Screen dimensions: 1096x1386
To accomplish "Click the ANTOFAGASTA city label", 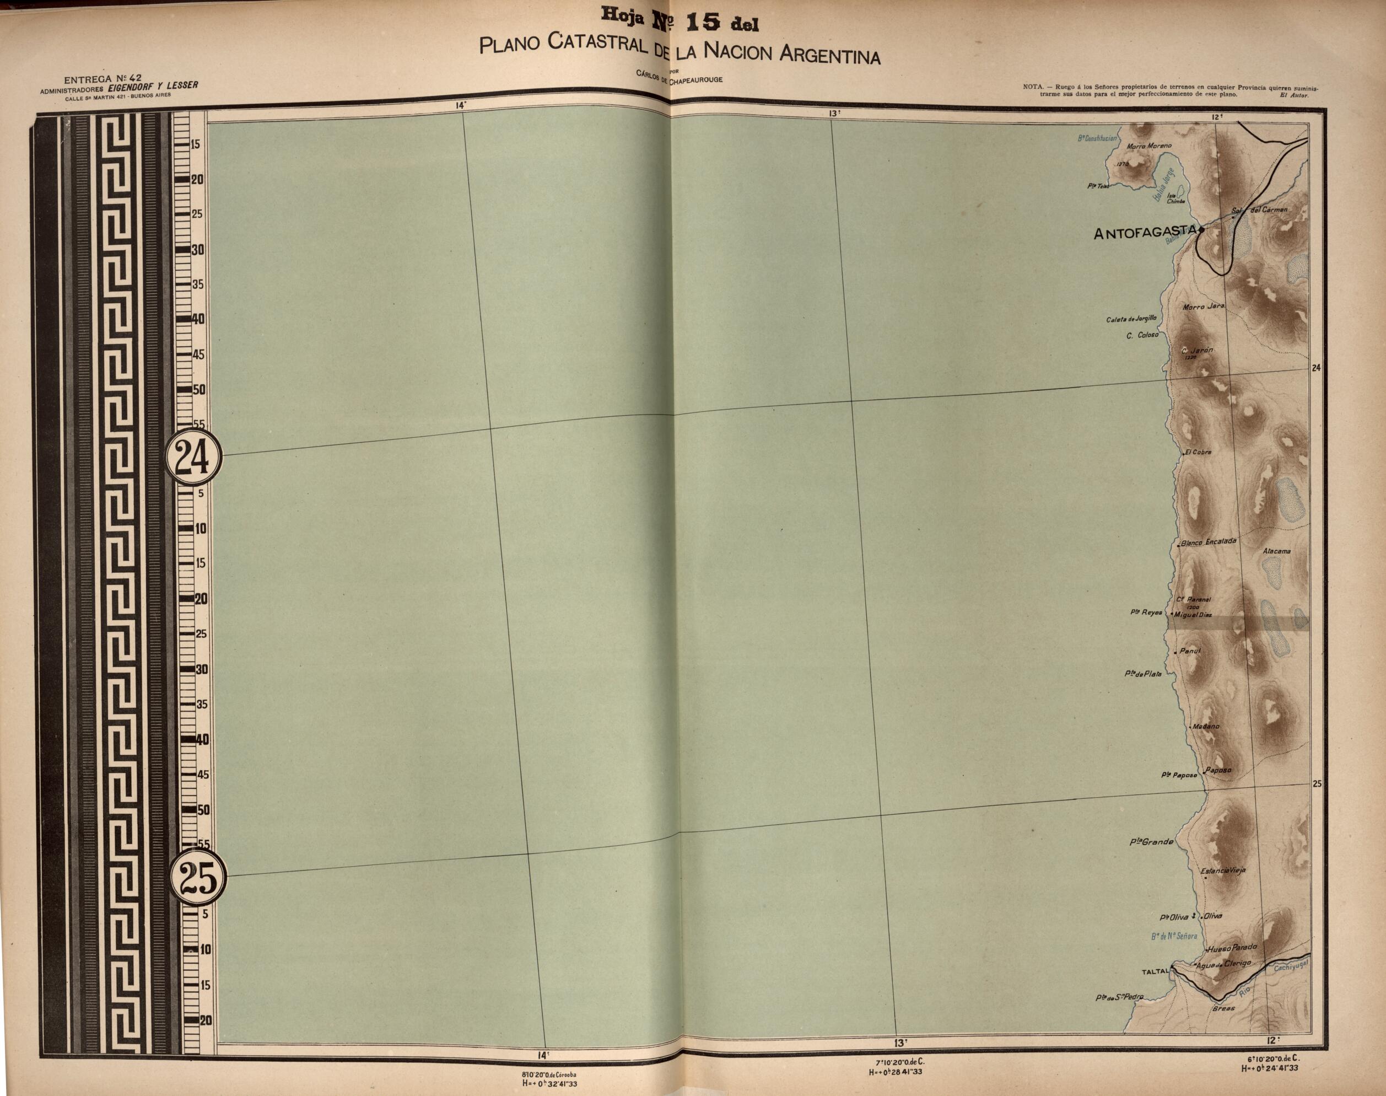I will point(1145,233).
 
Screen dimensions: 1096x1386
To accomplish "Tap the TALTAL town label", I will point(1155,971).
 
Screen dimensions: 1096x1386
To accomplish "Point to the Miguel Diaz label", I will point(1194,615).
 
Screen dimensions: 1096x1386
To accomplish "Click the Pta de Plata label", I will point(1143,674).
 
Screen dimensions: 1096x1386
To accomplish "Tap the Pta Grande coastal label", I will point(1151,842).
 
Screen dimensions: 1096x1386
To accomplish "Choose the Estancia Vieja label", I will point(1223,871).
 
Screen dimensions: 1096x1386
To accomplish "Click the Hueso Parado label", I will point(1233,948).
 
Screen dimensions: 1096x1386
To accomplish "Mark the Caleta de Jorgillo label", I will point(1131,319).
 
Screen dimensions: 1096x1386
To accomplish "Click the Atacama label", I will point(1276,551).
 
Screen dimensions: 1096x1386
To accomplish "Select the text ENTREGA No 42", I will point(103,79).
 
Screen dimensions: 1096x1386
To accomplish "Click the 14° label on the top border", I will point(461,105).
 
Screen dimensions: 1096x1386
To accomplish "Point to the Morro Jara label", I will point(1203,307).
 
